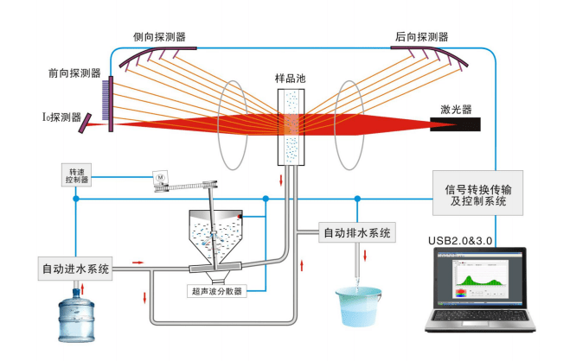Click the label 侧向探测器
pos(158,37)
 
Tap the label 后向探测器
pos(421,37)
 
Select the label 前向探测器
pos(74,73)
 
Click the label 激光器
pos(456,109)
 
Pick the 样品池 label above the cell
pos(291,78)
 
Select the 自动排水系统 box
pos(356,232)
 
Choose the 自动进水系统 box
pos(76,269)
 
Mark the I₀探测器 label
pos(61,117)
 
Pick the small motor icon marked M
pos(159,176)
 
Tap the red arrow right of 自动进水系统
pos(137,259)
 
